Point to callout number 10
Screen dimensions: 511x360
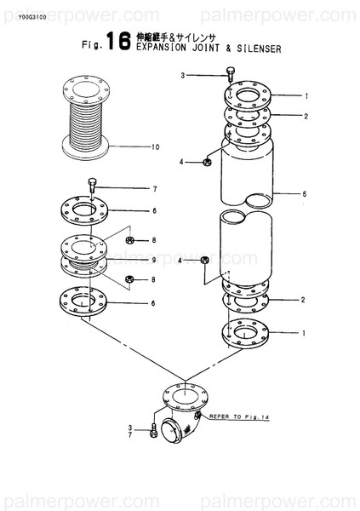(155, 147)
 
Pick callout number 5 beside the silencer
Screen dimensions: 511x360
(303, 194)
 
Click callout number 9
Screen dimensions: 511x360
(154, 259)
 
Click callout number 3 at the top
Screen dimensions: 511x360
(181, 76)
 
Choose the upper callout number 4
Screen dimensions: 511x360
(181, 160)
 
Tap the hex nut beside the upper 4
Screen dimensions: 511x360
(207, 160)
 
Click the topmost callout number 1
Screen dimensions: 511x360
(304, 95)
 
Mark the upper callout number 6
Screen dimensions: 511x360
(154, 210)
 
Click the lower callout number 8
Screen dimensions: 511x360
(154, 279)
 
